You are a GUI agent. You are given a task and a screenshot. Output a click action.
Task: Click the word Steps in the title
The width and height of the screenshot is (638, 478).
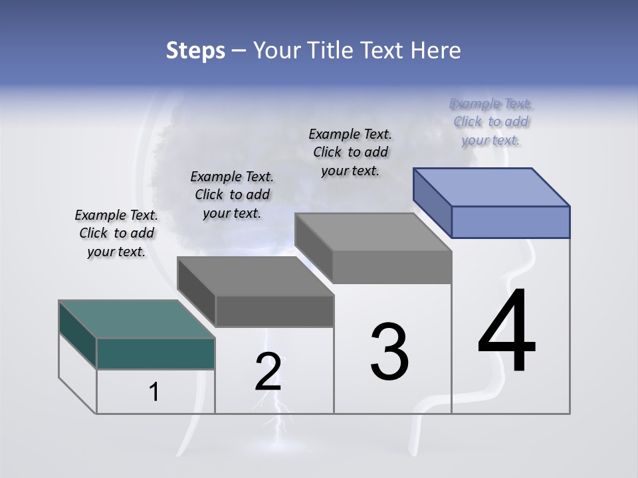[x=195, y=50]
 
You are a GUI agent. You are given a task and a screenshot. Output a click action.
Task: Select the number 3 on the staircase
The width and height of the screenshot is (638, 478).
[x=389, y=352]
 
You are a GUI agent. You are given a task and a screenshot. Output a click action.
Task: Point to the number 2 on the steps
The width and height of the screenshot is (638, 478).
[x=268, y=372]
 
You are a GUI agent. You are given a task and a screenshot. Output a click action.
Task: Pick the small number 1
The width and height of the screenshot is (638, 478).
[x=154, y=392]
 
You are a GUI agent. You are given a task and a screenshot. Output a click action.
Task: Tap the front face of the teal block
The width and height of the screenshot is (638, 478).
[x=156, y=353]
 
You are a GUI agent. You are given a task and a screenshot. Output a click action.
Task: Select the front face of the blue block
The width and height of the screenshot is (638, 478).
[x=510, y=222]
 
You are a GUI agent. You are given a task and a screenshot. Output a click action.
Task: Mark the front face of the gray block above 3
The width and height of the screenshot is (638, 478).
[x=392, y=267]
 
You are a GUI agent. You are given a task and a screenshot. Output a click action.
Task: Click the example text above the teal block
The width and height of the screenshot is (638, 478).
[x=116, y=233]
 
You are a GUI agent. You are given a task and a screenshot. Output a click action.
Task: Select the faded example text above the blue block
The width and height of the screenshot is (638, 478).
[x=490, y=121]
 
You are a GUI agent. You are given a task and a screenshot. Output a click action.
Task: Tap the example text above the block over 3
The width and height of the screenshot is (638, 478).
[x=350, y=152]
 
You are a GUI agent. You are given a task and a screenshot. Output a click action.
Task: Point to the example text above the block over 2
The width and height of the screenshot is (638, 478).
[x=232, y=195]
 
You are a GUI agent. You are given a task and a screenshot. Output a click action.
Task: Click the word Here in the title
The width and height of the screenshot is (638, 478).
[x=436, y=50]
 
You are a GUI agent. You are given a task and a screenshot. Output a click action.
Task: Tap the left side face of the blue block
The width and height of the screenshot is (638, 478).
[x=432, y=203]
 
